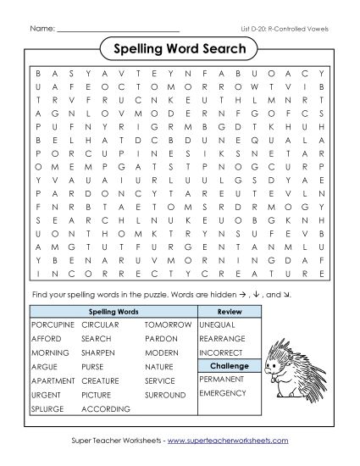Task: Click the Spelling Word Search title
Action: (180, 48)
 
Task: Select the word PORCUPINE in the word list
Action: (53, 325)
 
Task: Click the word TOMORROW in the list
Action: (167, 325)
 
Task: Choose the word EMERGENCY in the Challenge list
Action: (222, 394)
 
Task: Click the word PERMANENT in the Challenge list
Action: (222, 379)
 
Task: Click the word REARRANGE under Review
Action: (222, 338)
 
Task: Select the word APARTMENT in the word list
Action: (53, 381)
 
